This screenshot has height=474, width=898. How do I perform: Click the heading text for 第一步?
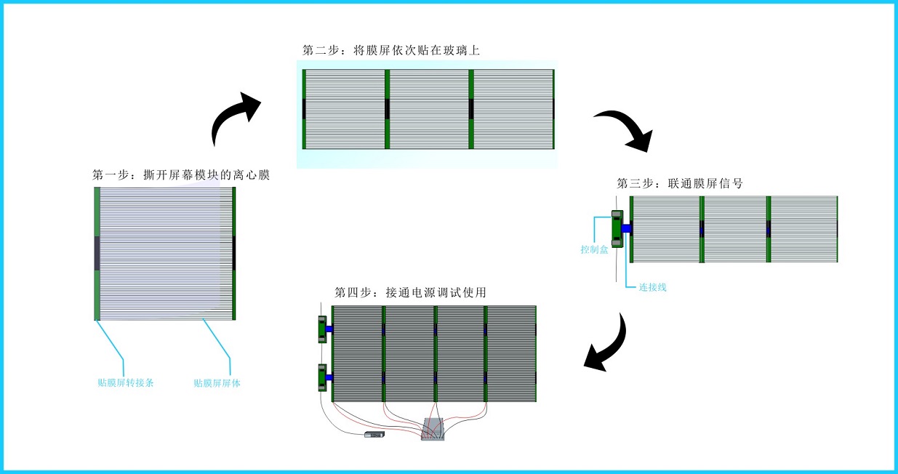tap(181, 175)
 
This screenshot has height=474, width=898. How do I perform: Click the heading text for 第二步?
tap(391, 50)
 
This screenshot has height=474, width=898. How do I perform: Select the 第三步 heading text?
tap(680, 183)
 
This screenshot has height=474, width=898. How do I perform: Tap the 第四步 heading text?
tap(410, 293)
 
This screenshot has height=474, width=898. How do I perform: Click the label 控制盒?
tap(594, 249)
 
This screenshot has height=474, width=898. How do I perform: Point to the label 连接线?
tap(652, 287)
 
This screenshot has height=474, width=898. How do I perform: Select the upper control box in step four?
tap(321, 329)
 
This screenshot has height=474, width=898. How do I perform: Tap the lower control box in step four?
tap(321, 377)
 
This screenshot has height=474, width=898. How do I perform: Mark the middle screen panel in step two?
tap(428, 109)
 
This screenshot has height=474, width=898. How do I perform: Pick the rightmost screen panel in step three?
tap(803, 229)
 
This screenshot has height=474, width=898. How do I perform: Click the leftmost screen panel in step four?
tap(358, 353)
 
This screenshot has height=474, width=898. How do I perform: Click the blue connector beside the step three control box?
tap(627, 229)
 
